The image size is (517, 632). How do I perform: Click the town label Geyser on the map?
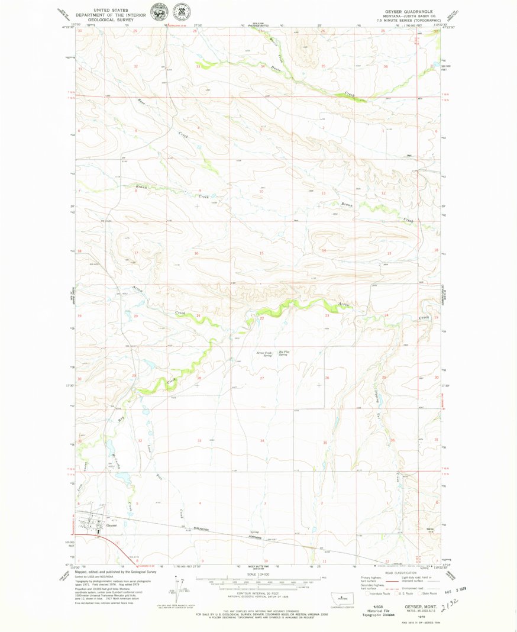pos(112,525)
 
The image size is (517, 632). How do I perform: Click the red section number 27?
pos(261,377)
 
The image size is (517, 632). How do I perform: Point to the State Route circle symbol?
pos(424,593)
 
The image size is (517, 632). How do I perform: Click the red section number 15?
pos(261,253)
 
